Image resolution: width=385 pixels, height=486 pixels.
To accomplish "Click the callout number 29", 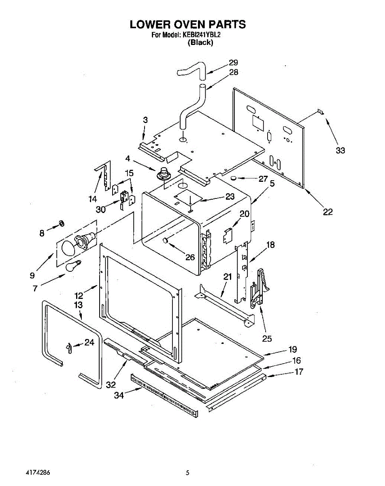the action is pos(234,62).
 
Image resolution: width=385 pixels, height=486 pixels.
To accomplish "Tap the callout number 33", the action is pos(340,150).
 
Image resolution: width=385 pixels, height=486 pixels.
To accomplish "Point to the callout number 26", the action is pos(190,257).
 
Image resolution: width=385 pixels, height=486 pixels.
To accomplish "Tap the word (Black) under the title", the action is pos(200,43).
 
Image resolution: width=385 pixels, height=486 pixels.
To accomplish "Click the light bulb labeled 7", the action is pos(73,266).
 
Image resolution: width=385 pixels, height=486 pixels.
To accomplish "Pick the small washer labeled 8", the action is pos(62,223).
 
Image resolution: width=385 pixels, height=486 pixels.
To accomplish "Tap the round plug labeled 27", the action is pos(233,178).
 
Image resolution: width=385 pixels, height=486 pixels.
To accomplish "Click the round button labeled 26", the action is pos(166,240).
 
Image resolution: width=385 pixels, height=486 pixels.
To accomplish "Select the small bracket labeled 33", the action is pos(320,111).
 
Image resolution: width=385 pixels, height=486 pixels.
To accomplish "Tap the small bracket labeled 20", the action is pos(228,234).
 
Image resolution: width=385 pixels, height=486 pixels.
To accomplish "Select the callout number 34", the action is pos(119,395).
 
